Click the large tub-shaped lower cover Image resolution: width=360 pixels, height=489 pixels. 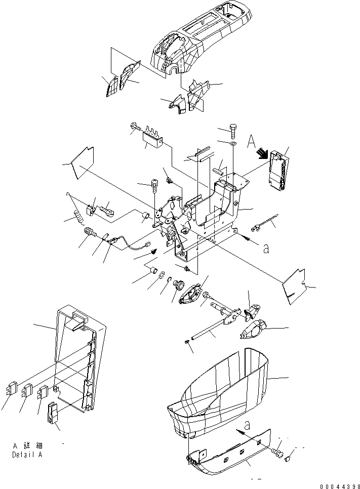point(223,390)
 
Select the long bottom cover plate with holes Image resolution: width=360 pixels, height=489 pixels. point(228,456)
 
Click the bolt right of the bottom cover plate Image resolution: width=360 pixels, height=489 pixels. point(277,452)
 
